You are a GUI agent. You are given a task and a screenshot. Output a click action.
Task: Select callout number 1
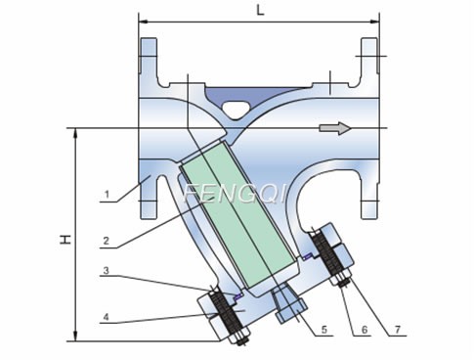(x=106, y=195)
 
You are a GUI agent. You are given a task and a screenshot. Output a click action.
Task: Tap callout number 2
(x=106, y=238)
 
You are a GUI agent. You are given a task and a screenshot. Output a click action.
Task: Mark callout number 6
(x=364, y=330)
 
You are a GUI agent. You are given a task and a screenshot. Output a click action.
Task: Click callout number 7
(x=400, y=330)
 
